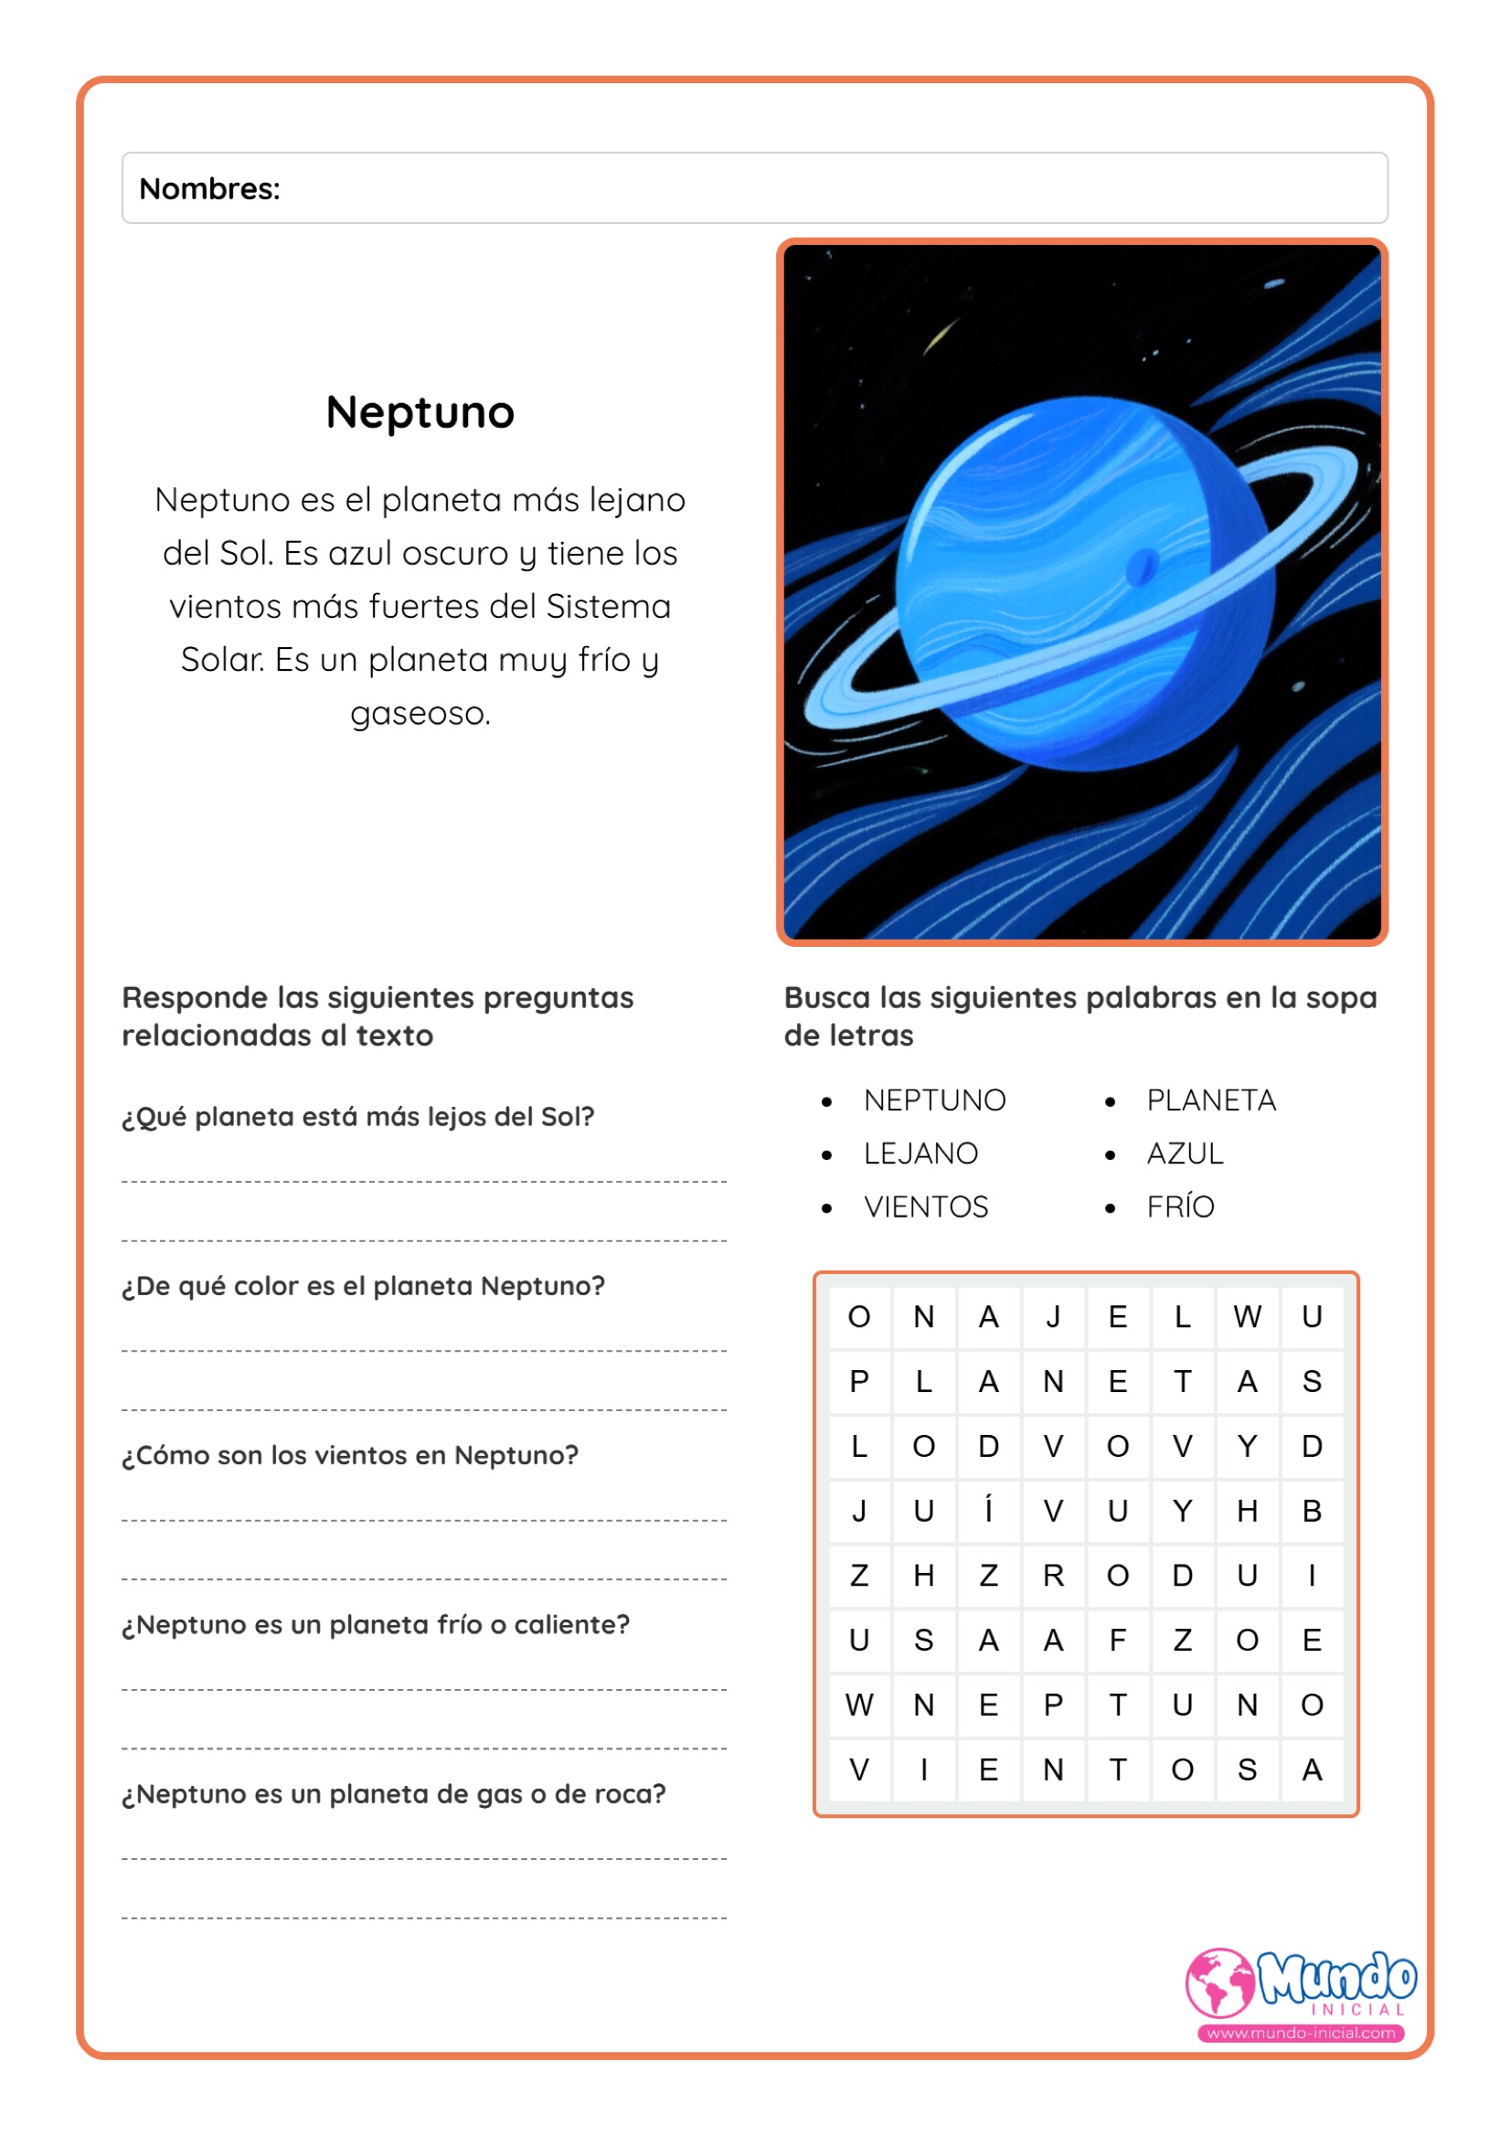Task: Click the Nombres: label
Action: (x=209, y=189)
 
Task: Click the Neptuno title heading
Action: (x=420, y=412)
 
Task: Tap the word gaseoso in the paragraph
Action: (x=420, y=714)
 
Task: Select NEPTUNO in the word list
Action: (x=934, y=1100)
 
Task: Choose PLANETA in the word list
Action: (x=1210, y=1100)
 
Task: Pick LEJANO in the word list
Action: (x=920, y=1153)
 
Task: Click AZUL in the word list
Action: (x=1185, y=1153)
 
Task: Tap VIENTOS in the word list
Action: (x=926, y=1207)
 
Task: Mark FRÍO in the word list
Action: (x=1180, y=1207)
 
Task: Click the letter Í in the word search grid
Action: (x=988, y=1511)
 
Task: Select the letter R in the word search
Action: (x=1052, y=1576)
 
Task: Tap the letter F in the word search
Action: (x=1117, y=1640)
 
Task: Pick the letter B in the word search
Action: (x=1312, y=1511)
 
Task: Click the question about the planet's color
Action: (x=363, y=1286)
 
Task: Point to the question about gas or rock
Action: (x=394, y=1793)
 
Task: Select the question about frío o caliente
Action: (x=376, y=1624)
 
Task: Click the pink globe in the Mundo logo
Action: (x=1218, y=1982)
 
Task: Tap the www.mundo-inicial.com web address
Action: (x=1301, y=2033)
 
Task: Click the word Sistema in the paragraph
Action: (x=609, y=607)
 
